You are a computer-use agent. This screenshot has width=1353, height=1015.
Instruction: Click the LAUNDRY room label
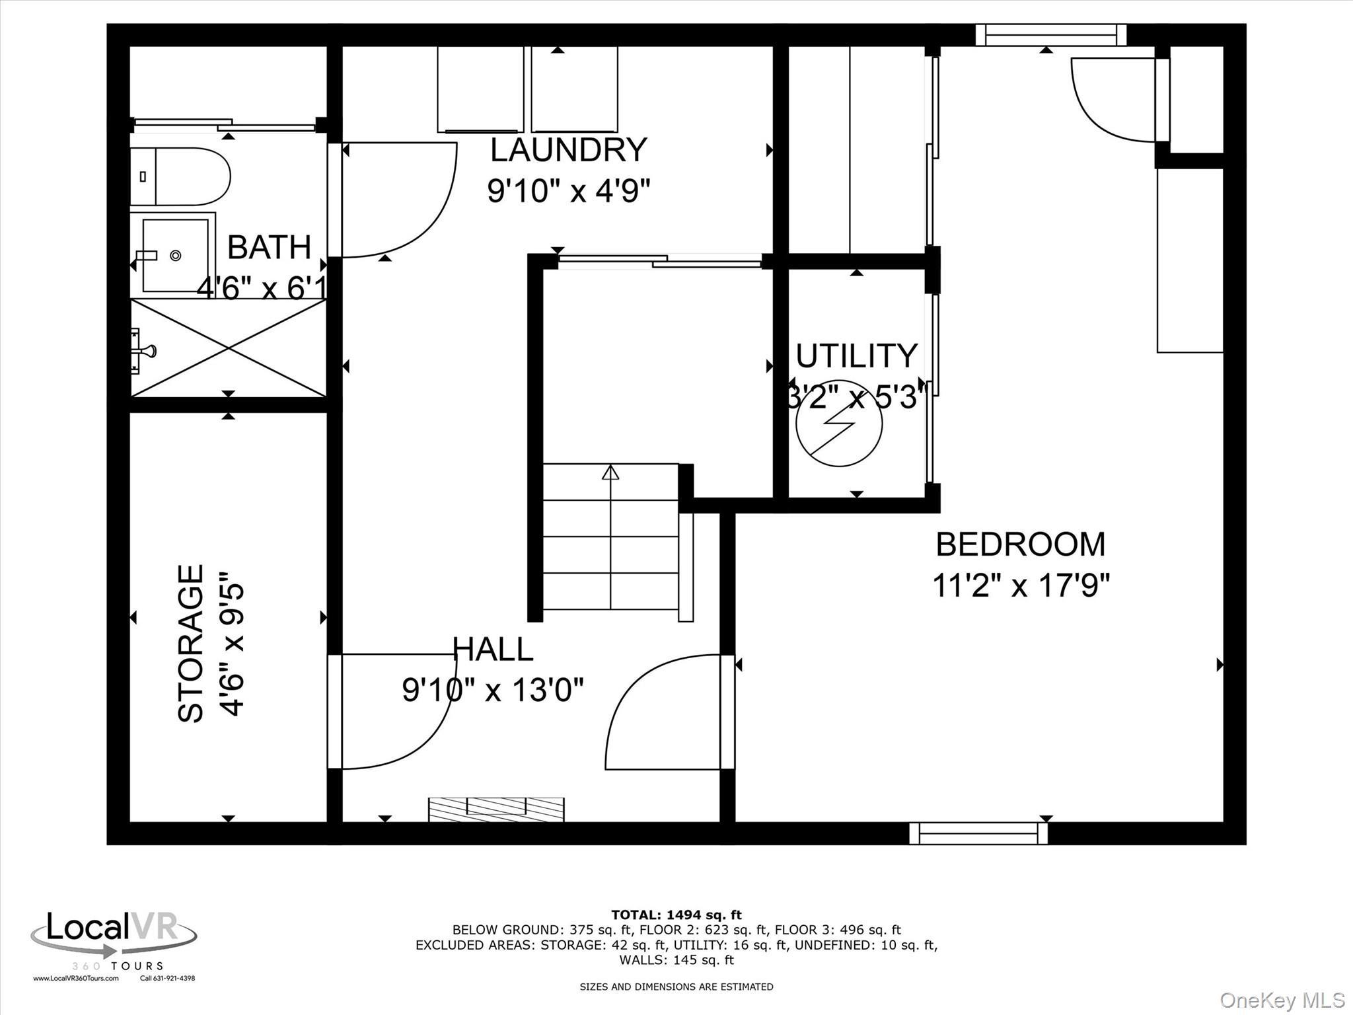pos(568,151)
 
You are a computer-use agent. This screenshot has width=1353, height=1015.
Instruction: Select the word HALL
pos(493,650)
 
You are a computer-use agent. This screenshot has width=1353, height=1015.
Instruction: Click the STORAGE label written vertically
pos(192,643)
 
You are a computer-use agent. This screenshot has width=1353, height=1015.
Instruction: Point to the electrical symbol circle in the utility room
pos(839,424)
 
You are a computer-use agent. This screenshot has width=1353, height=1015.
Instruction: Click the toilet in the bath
pos(180,176)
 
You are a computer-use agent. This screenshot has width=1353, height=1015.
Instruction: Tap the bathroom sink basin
pos(175,255)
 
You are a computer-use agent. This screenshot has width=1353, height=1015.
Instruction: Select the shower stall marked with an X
pos(229,348)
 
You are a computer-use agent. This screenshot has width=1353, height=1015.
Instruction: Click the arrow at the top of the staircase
pos(610,473)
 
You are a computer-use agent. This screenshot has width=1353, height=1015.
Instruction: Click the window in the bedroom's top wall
pos(1050,35)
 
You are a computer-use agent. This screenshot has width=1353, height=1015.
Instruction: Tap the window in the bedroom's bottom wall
pos(978,833)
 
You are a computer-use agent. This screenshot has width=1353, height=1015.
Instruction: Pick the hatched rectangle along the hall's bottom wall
pos(496,809)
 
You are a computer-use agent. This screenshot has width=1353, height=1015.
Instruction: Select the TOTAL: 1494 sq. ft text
pos(676,915)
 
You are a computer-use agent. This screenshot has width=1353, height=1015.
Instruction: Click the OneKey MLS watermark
pos(1282,1000)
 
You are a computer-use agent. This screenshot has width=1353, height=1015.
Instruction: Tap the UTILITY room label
pos(856,356)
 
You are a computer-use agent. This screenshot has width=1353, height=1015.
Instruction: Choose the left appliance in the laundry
pos(481,89)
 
